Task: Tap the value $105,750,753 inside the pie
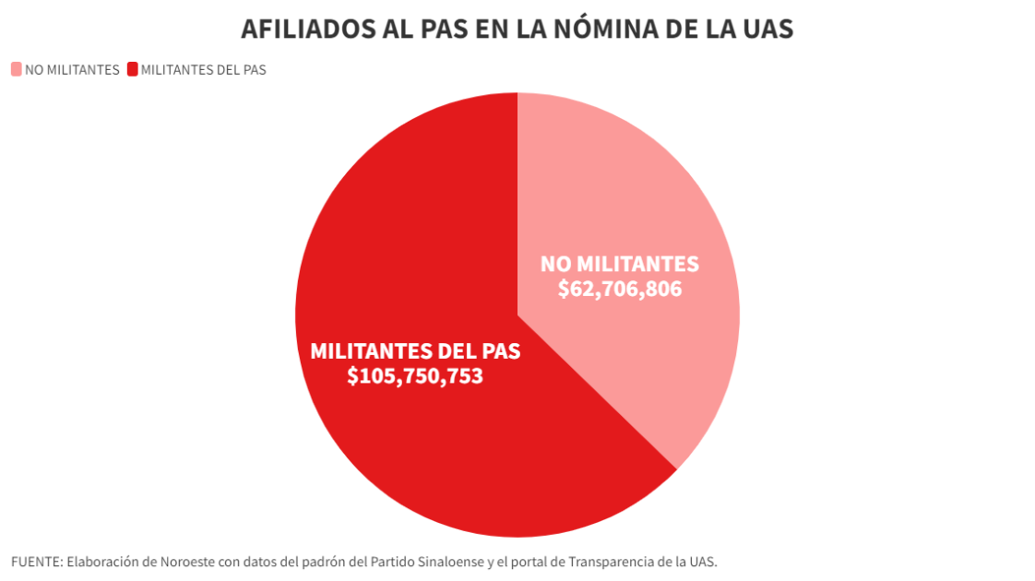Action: click(415, 376)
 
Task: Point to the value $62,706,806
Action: click(620, 289)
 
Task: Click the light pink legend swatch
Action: click(17, 69)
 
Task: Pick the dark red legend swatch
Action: click(132, 69)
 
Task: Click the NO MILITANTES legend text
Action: click(72, 69)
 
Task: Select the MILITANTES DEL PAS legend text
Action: click(203, 69)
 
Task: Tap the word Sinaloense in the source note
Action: click(448, 561)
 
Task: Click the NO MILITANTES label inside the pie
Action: click(620, 264)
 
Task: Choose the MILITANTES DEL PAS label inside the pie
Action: click(415, 351)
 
